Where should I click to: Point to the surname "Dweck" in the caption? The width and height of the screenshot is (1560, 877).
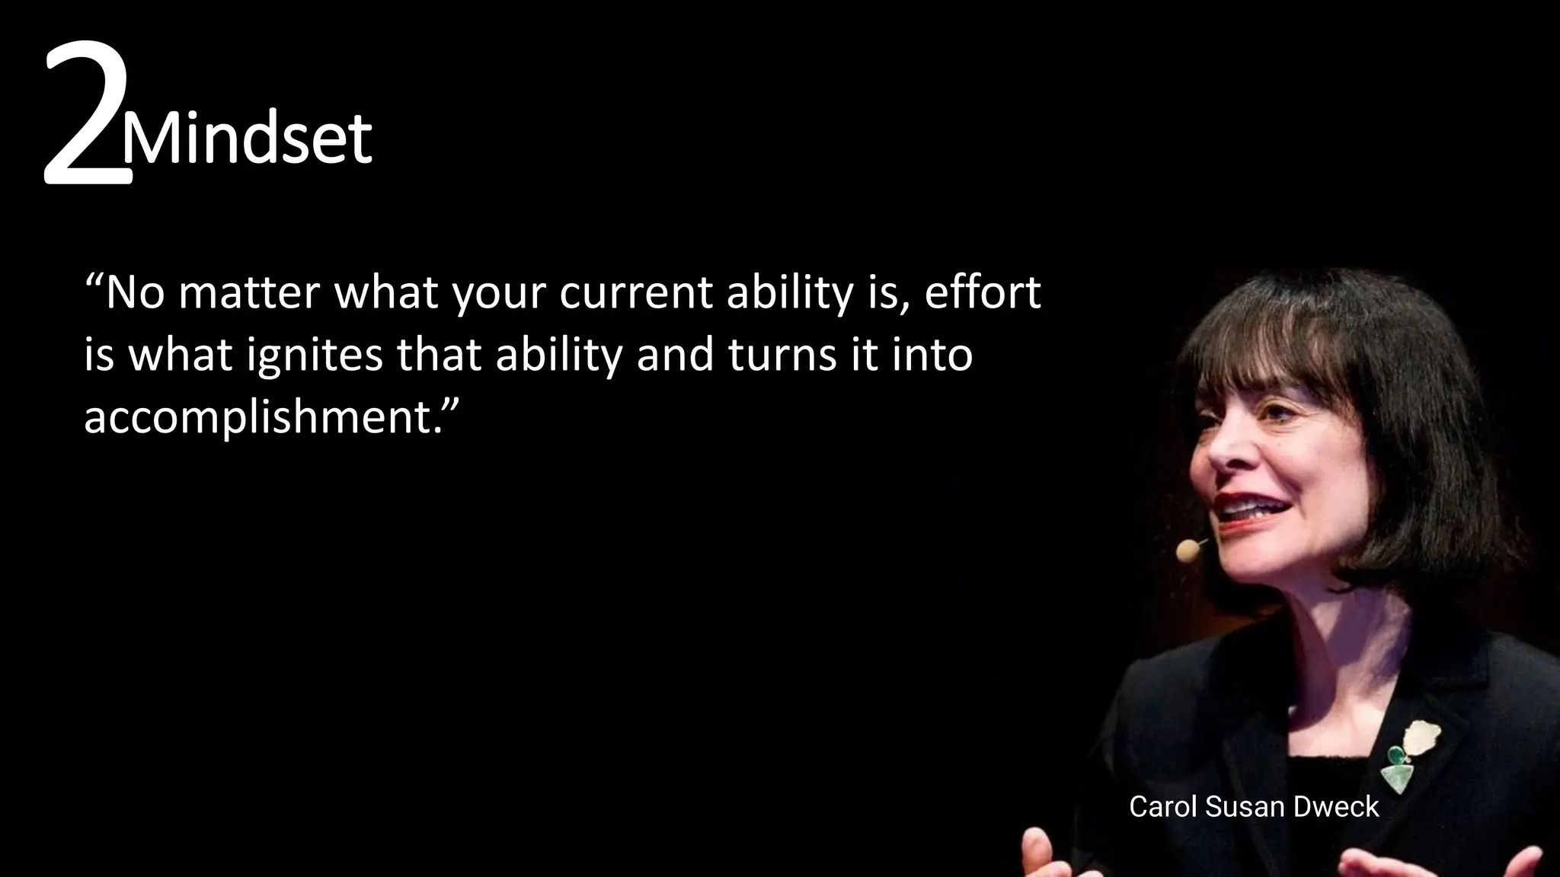pyautogui.click(x=1338, y=807)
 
